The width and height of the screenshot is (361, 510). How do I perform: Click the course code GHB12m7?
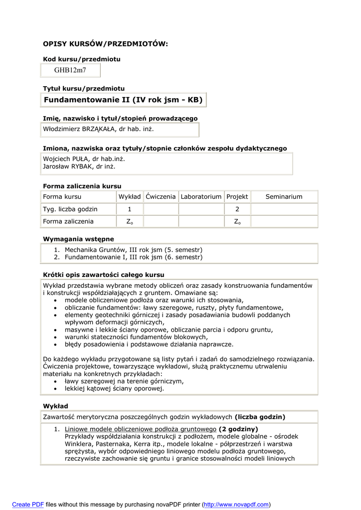[x=70, y=70]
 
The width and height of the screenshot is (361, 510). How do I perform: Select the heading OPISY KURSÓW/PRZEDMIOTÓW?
[x=106, y=44]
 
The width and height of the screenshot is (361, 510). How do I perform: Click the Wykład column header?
[x=129, y=197]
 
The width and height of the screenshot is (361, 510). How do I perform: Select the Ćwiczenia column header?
[x=161, y=197]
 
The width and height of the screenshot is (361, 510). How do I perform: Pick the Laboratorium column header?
[x=201, y=197]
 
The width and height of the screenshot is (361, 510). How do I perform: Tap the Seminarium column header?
[x=284, y=197]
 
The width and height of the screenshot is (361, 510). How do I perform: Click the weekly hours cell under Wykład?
[x=129, y=209]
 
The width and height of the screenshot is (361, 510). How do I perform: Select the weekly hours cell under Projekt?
[x=237, y=209]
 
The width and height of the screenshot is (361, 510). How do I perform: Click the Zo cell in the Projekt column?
[x=237, y=222]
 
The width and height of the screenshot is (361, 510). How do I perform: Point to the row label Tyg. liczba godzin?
[x=70, y=209]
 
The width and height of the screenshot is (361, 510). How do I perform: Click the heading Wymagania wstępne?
[x=78, y=239]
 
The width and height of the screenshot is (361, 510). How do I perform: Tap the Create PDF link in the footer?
[x=28, y=505]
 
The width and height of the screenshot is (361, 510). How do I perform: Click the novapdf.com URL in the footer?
[x=236, y=505]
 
